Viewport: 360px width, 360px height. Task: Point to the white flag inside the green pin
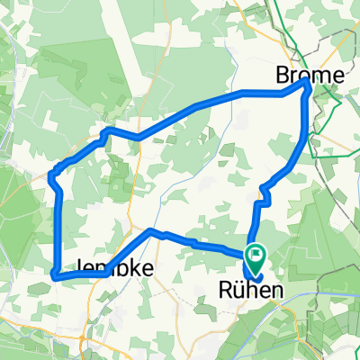[x=255, y=255]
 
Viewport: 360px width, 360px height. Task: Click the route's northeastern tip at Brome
[x=307, y=81]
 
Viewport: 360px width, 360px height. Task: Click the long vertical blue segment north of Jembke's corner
[x=58, y=229]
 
